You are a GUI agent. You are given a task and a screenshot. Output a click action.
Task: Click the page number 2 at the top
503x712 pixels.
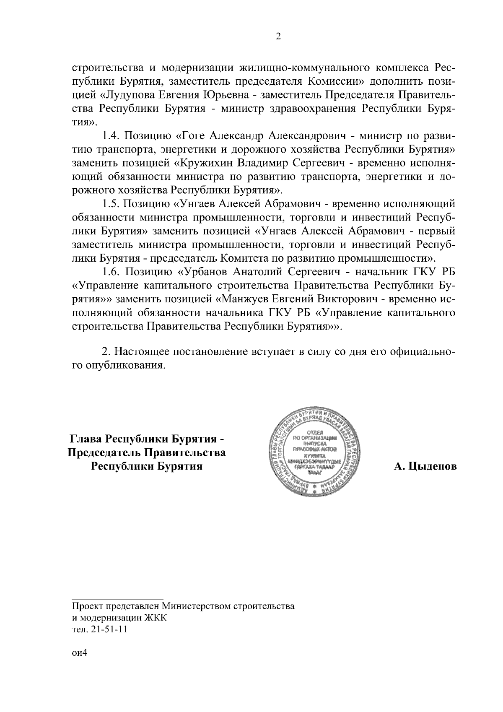pyautogui.click(x=278, y=36)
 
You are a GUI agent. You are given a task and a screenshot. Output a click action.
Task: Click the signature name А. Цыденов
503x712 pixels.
pyautogui.click(x=425, y=466)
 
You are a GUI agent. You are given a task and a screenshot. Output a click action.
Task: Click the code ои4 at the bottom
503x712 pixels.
pyautogui.click(x=78, y=653)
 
